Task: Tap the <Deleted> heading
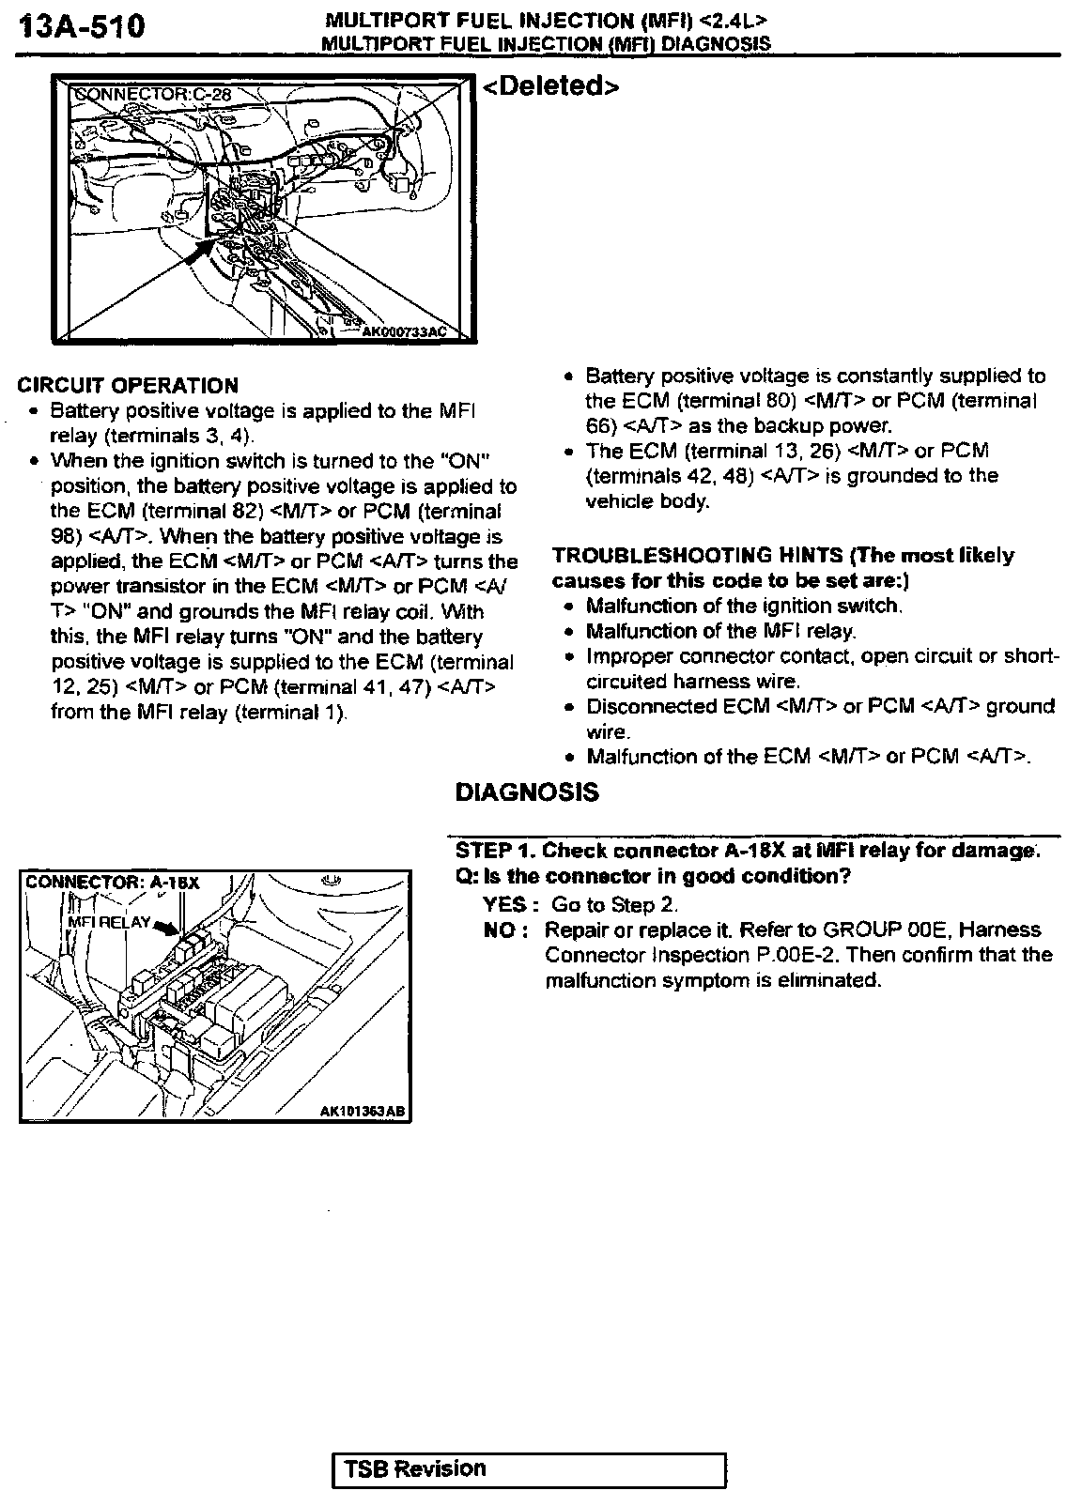pos(551,86)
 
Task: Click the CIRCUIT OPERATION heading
pos(128,386)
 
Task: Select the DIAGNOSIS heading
pos(527,792)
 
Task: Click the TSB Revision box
pos(530,1468)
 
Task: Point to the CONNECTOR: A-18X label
pos(113,883)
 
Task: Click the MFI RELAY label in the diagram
pos(109,922)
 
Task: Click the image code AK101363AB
pos(363,1111)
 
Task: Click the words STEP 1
pos(495,851)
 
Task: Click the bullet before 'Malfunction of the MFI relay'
pos(569,632)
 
